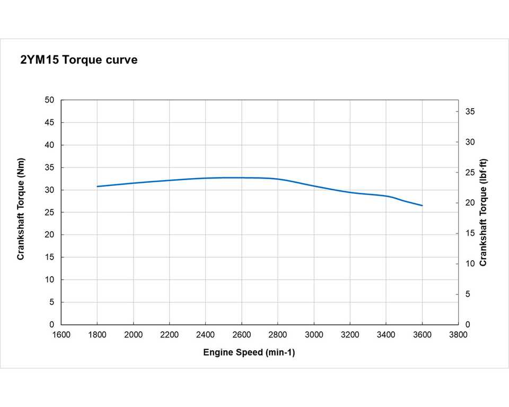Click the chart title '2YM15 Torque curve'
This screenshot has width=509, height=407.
(x=78, y=60)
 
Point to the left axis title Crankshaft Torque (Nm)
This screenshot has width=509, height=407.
(x=21, y=209)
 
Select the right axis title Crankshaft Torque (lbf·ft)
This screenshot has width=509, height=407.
(x=483, y=212)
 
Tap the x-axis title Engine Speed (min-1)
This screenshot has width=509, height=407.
(x=249, y=352)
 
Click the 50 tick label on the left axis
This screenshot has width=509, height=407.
(x=50, y=100)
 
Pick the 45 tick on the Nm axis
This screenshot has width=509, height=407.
(x=50, y=122)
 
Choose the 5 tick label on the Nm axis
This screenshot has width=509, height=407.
(x=52, y=302)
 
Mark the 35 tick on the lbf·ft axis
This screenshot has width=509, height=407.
(x=470, y=112)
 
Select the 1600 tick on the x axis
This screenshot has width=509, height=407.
(x=61, y=335)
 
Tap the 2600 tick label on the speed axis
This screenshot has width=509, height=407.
(x=241, y=335)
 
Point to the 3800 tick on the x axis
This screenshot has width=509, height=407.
(x=458, y=335)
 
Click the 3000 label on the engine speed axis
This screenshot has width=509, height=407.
(x=314, y=335)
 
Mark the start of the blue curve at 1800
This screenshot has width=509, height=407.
(x=97, y=186)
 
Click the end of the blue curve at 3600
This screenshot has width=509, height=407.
(x=422, y=205)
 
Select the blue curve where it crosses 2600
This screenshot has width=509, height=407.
(x=242, y=178)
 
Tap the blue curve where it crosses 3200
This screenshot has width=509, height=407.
(x=350, y=192)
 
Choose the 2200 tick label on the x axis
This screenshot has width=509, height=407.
(x=169, y=335)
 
